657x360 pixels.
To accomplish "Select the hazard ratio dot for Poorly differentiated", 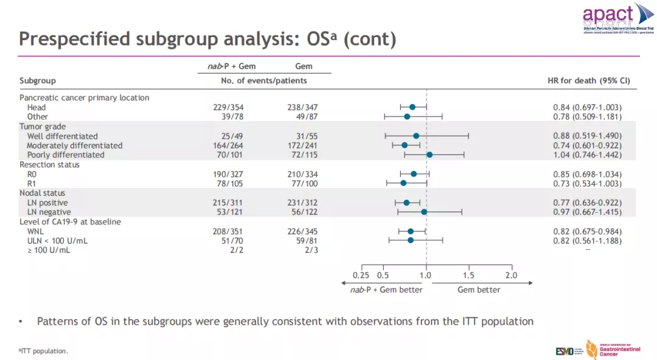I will [x=429, y=155].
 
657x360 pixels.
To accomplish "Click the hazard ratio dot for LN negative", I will [x=424, y=212].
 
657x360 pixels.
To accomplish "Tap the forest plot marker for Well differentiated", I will [x=416, y=136].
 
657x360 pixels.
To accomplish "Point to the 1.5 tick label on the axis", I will [x=468, y=275].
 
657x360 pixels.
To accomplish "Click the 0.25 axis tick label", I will [x=361, y=275].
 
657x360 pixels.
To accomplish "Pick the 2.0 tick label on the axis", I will [x=511, y=275].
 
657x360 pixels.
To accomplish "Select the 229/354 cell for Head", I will [x=228, y=108].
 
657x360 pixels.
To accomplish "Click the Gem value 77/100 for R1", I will [x=302, y=184].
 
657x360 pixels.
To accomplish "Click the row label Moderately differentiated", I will [x=75, y=146].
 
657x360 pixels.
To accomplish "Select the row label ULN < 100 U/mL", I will [x=57, y=241].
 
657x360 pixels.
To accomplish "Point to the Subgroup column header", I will [x=38, y=81].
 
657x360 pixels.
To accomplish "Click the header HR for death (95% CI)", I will [x=589, y=81].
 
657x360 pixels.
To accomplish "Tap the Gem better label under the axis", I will [x=479, y=290].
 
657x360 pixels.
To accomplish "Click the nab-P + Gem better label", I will [x=386, y=290].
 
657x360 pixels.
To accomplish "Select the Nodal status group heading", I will [x=43, y=193].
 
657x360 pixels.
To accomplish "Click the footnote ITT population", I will [x=44, y=351].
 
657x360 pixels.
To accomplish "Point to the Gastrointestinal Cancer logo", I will [x=606, y=349].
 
